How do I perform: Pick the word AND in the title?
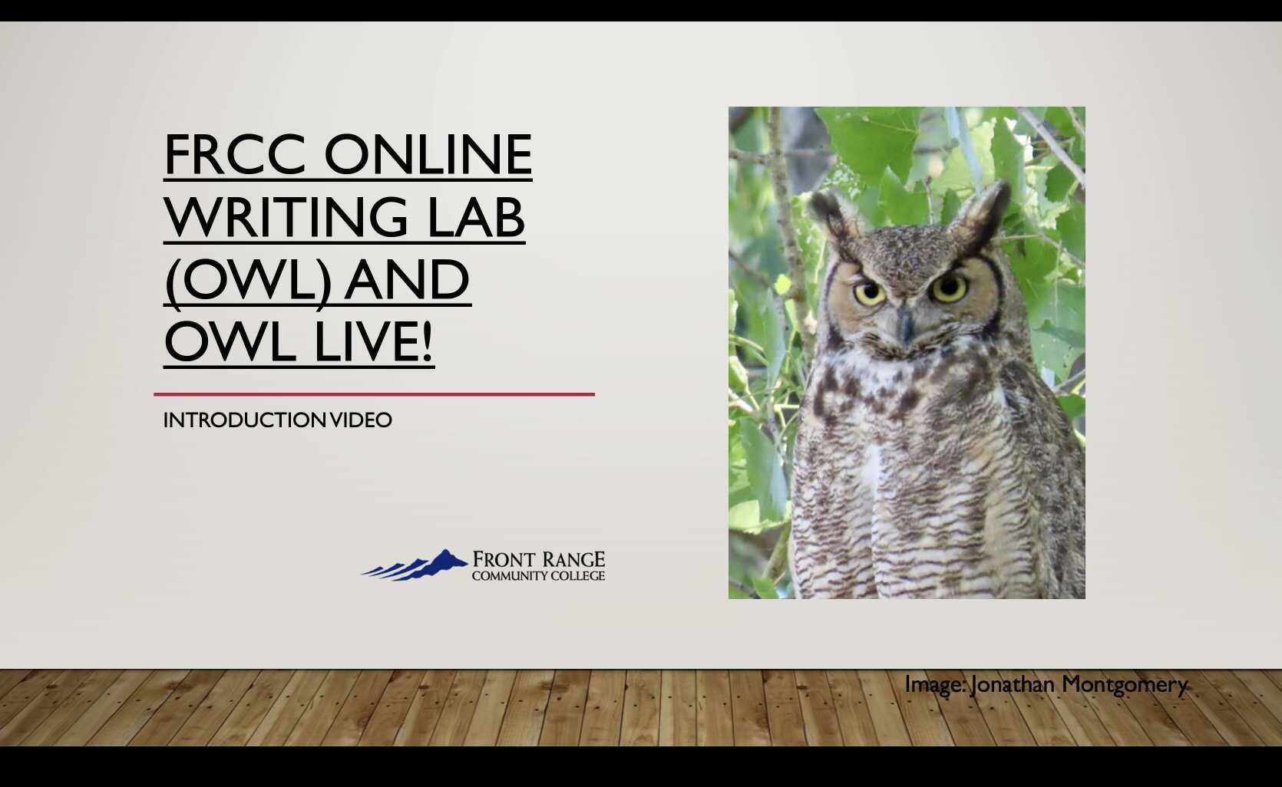pyautogui.click(x=407, y=280)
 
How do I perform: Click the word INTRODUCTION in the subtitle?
pyautogui.click(x=245, y=420)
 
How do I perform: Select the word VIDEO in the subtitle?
pyautogui.click(x=361, y=420)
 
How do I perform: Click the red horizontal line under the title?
pyautogui.click(x=374, y=394)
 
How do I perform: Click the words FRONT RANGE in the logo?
pyautogui.click(x=538, y=559)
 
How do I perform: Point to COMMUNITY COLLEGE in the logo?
pyautogui.click(x=538, y=576)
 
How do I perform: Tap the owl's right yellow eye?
pyautogui.click(x=949, y=288)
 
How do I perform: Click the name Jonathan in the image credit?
pyautogui.click(x=1013, y=684)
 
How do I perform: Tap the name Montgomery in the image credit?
pyautogui.click(x=1125, y=684)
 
